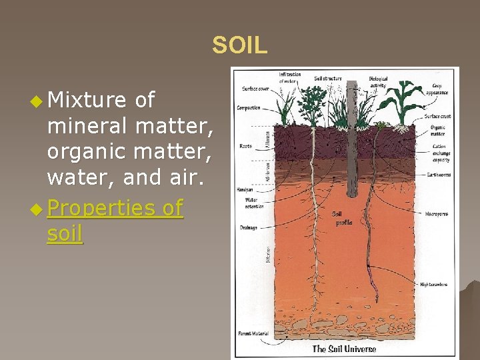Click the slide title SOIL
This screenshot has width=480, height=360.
[239, 45]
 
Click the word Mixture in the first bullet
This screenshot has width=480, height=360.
[87, 100]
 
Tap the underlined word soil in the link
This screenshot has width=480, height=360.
[65, 234]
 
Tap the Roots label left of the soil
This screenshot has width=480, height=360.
[245, 146]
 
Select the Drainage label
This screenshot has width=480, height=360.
[248, 227]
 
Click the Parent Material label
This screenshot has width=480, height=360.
[253, 333]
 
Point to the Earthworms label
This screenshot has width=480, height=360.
[440, 175]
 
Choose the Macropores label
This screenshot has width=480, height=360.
[437, 214]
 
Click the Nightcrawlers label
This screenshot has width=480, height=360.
[434, 285]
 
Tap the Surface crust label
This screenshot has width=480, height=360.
[438, 117]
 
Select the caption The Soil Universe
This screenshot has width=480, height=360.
[344, 349]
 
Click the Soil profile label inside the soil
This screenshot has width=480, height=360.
[341, 218]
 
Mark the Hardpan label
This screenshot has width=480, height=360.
[245, 189]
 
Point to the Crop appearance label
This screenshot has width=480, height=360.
[441, 89]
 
